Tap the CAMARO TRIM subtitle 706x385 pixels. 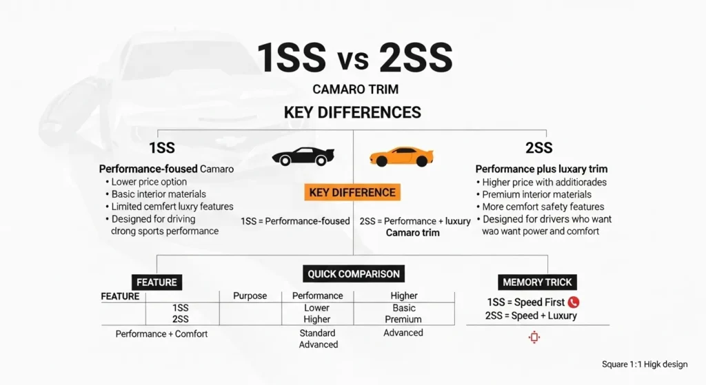pos(355,90)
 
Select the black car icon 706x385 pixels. pos(303,156)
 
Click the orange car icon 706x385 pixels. pos(401,156)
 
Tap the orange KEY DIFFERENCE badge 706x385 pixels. pos(352,193)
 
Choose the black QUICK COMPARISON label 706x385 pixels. pos(354,273)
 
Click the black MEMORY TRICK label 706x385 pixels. pos(537,282)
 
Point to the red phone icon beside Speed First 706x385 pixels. pos(574,302)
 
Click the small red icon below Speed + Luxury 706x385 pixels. pos(534,337)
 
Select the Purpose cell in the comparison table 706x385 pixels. pos(250,295)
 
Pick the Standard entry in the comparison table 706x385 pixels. pos(318,333)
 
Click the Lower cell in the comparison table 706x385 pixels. pos(317,308)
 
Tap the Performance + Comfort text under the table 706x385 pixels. pos(161,334)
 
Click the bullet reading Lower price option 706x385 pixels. pos(150,182)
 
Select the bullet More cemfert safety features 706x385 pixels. pos(543,207)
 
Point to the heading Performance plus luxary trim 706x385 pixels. pos(541,169)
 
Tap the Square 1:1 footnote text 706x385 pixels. pos(644,364)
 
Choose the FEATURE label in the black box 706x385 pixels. pos(157,282)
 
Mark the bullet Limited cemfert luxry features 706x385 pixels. pos(172,207)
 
